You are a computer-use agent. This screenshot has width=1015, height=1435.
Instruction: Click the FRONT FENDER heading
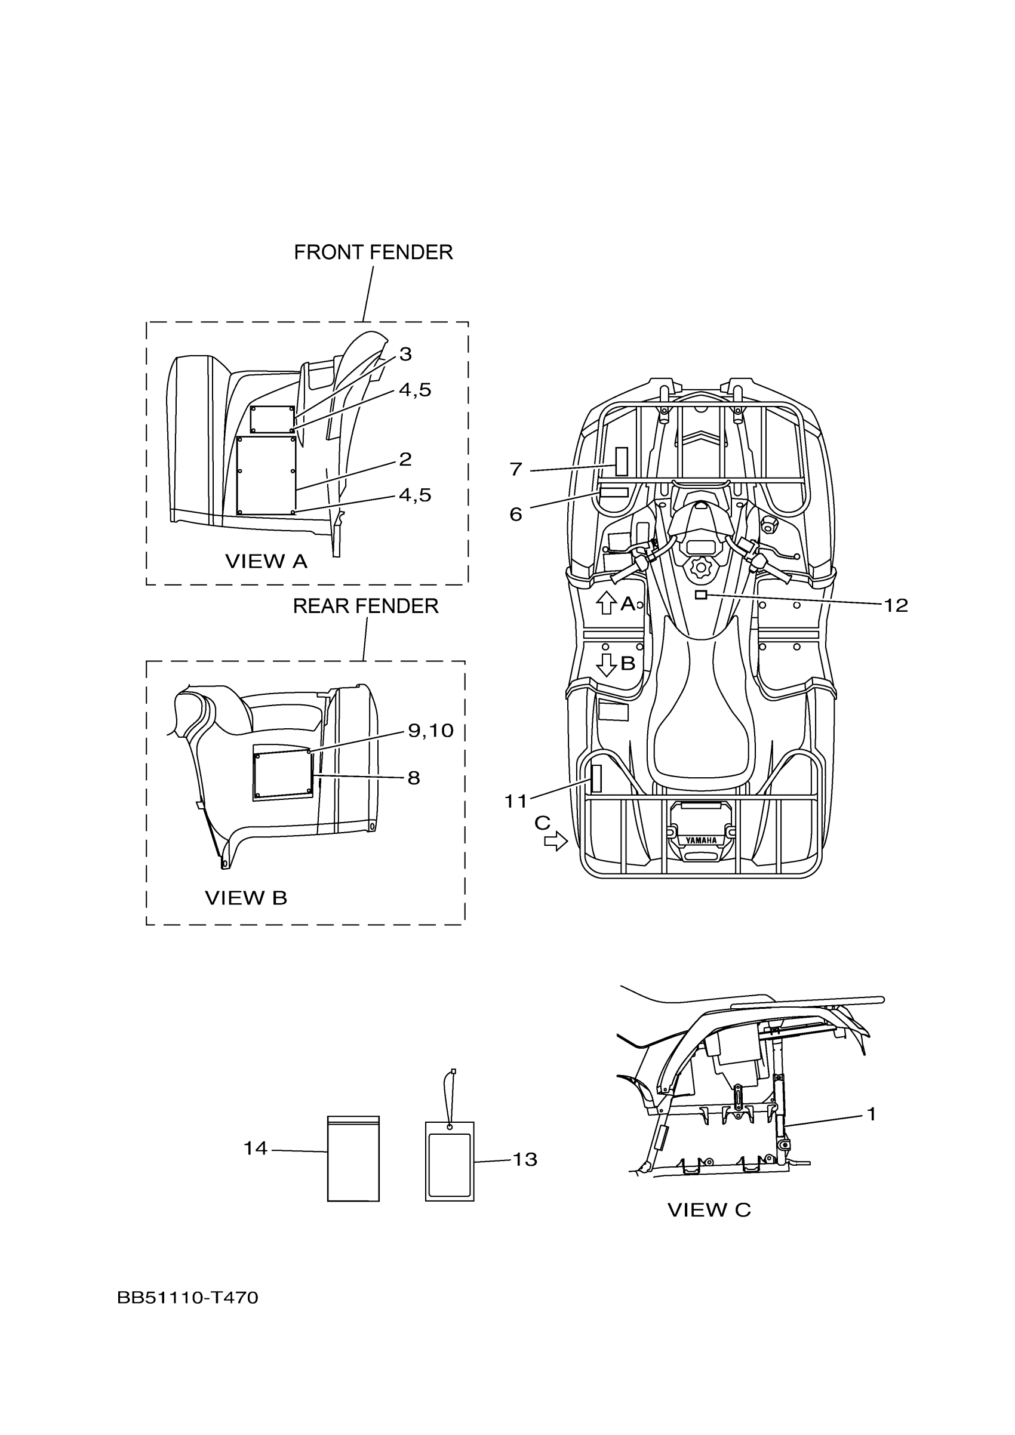point(373,252)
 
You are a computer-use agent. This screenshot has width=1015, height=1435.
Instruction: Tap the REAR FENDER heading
point(365,606)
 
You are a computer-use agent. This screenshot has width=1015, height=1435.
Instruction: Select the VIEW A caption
point(266,561)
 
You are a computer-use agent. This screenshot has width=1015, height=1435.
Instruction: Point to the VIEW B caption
point(245,898)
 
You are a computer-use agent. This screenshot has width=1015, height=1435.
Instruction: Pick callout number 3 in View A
point(405,355)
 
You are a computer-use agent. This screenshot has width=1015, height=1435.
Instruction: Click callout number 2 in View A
point(405,459)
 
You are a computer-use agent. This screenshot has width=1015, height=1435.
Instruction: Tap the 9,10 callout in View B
point(430,730)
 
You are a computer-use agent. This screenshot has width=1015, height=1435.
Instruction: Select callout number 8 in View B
point(414,778)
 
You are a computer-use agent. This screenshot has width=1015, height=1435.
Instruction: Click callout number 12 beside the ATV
point(895,605)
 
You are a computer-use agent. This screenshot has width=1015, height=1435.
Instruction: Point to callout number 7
point(516,469)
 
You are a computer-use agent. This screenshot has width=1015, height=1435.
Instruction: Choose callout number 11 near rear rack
point(516,800)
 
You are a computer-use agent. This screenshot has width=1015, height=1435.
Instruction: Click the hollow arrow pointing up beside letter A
point(605,603)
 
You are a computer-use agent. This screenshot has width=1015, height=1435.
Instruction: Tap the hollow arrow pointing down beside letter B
point(605,664)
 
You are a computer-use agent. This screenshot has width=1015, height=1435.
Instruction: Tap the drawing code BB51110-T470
point(187,1298)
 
